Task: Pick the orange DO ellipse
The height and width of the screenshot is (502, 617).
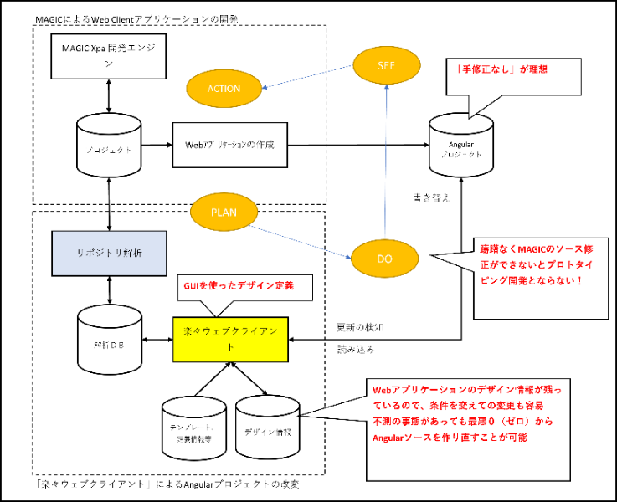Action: tap(385, 259)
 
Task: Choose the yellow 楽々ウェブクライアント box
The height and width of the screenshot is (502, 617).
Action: tap(229, 340)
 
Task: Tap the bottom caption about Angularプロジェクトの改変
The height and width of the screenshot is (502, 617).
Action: tap(168, 484)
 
